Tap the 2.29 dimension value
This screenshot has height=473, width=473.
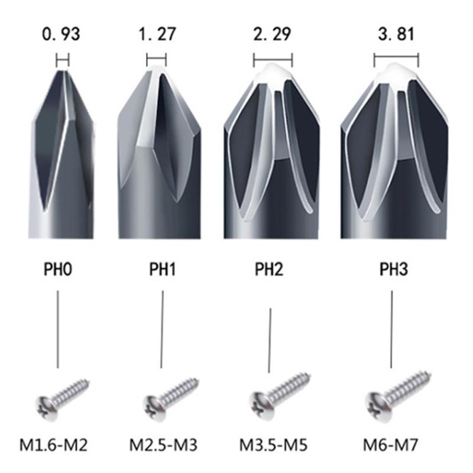click(x=273, y=34)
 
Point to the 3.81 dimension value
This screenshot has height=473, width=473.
click(x=395, y=34)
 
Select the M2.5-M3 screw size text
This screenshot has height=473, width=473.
click(x=163, y=444)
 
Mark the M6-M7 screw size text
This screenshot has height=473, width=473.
click(x=393, y=444)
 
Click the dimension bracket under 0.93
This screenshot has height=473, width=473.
click(x=62, y=60)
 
